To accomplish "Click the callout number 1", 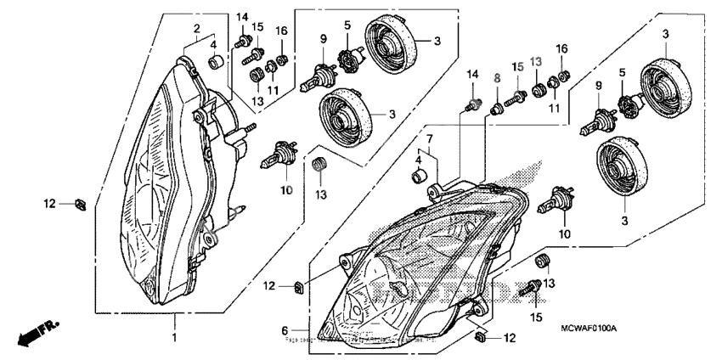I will click(176, 338).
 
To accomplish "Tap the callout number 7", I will click(429, 138).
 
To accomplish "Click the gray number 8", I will click(497, 78).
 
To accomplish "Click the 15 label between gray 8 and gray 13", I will click(517, 66).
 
